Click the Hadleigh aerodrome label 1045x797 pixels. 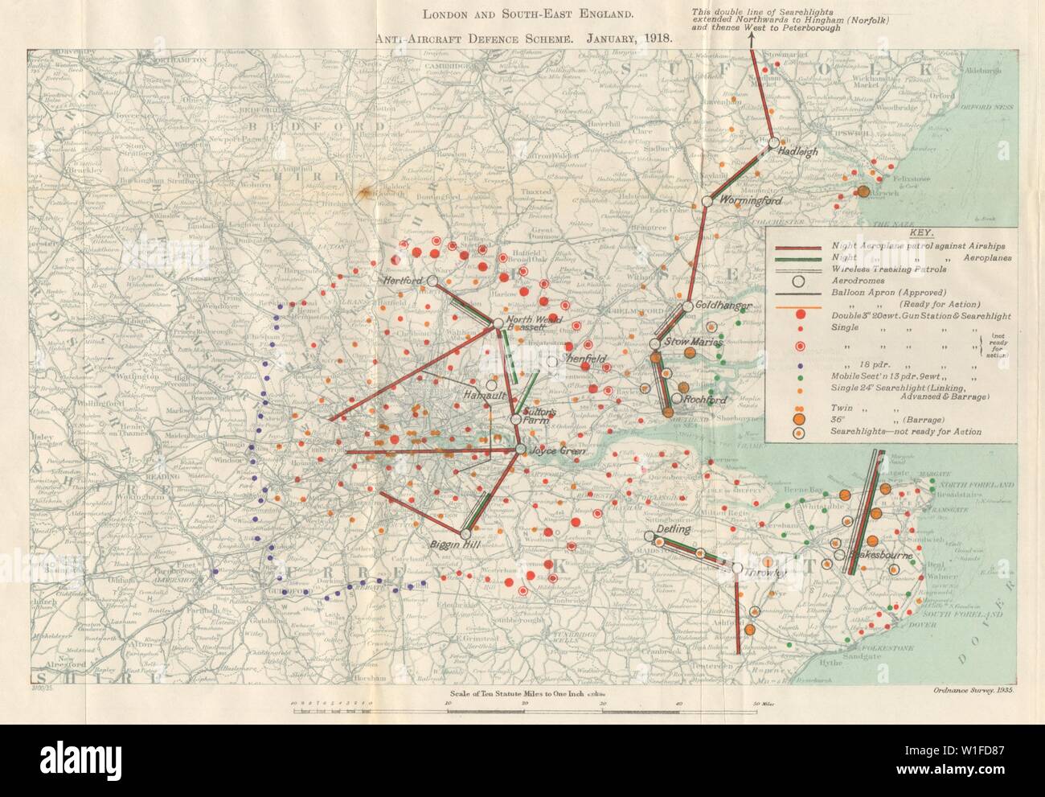[800, 150]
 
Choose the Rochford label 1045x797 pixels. [704, 400]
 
